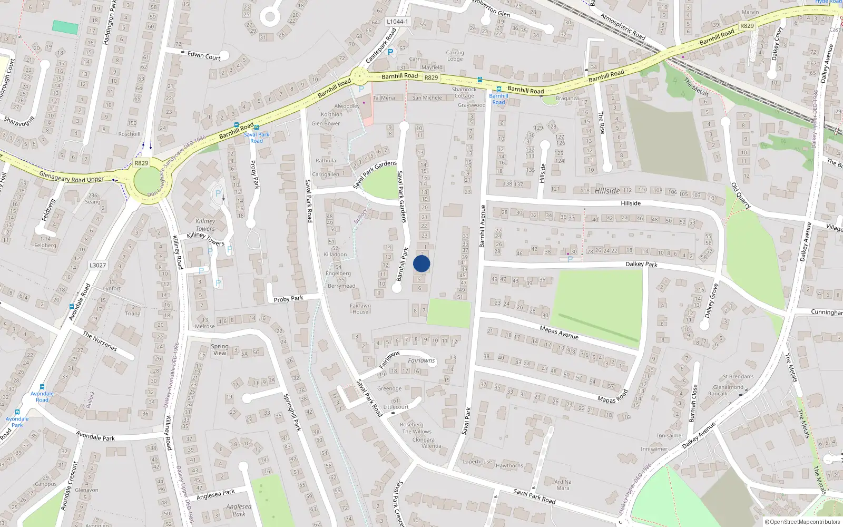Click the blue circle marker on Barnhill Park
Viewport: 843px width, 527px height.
pos(421,263)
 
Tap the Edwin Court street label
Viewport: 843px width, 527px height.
pos(204,55)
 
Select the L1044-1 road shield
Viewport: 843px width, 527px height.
pos(397,22)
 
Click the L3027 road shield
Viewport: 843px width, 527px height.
pos(97,265)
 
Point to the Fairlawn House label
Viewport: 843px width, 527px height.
pos(360,309)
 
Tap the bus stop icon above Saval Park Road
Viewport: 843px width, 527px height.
pos(257,128)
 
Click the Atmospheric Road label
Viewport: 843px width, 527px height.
pos(623,26)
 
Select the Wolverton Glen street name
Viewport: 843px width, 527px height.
pos(491,9)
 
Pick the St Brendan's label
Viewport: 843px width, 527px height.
pos(738,377)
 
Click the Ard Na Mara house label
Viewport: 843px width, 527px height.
pos(563,485)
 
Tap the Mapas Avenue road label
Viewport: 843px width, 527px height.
pos(559,333)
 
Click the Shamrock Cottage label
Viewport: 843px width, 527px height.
pos(464,93)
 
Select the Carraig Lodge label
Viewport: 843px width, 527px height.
pos(455,55)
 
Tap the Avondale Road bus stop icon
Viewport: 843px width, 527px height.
pos(42,387)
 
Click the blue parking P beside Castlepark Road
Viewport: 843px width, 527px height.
pos(390,52)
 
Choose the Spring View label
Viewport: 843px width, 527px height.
pos(220,350)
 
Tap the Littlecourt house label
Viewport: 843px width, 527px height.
pos(396,407)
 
